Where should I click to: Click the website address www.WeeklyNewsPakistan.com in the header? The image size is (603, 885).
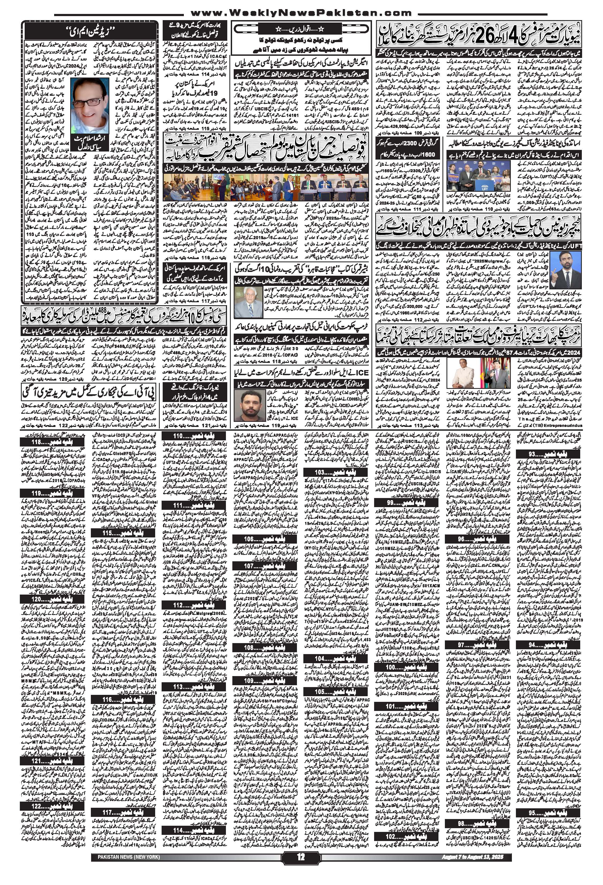(x=301, y=13)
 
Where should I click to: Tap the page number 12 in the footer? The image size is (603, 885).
(x=301, y=867)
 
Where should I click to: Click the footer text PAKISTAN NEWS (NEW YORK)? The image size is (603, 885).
(x=125, y=867)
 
